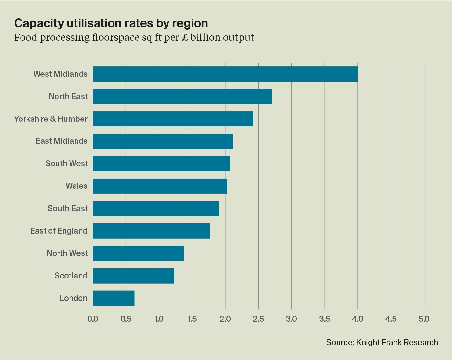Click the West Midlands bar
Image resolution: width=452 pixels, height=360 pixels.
(225, 74)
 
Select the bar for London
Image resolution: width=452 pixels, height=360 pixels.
(113, 298)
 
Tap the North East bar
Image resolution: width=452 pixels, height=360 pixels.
(182, 96)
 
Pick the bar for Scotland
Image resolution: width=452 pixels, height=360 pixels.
(133, 276)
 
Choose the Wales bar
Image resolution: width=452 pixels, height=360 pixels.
(160, 186)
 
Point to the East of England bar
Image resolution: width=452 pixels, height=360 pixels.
(151, 231)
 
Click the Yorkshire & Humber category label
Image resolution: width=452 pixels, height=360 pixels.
(51, 119)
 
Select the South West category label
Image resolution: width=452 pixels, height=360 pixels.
(66, 163)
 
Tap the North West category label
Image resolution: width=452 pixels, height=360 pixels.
(67, 253)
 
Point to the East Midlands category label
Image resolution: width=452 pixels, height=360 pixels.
(61, 141)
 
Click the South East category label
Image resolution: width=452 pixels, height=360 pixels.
(67, 208)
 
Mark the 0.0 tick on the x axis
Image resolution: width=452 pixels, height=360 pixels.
(93, 319)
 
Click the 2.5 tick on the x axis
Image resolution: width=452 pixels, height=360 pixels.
(258, 319)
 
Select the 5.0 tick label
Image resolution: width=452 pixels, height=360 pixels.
(424, 319)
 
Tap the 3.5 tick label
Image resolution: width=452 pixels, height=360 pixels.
(325, 319)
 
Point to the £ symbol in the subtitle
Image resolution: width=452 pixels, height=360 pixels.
(185, 37)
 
